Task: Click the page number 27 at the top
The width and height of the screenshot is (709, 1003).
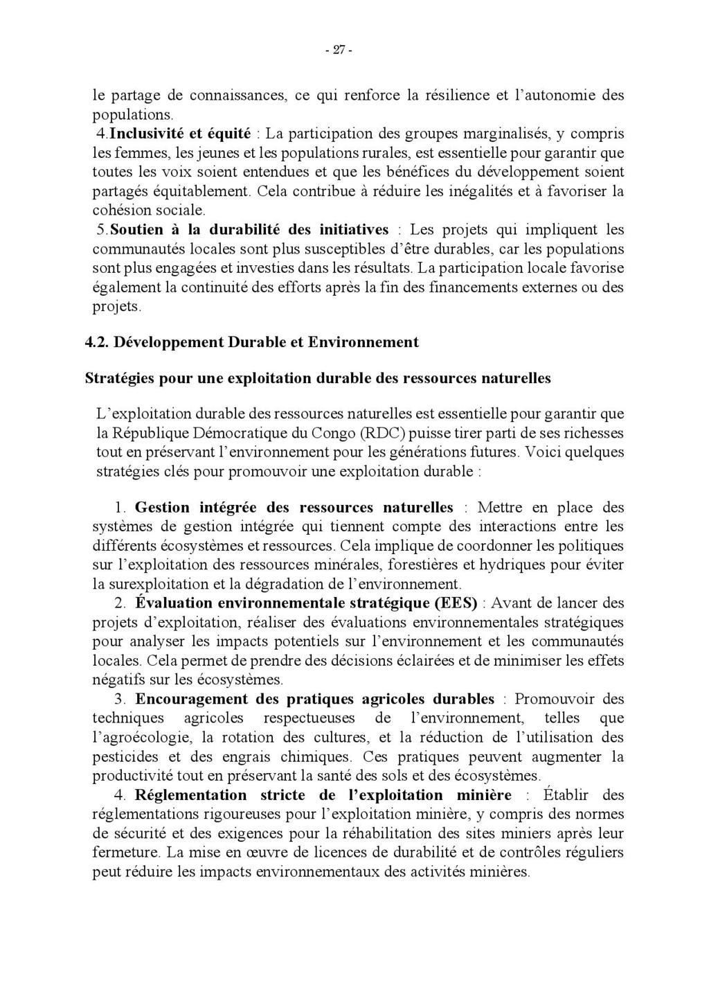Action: (x=339, y=50)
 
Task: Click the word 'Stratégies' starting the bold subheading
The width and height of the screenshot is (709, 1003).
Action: (x=120, y=378)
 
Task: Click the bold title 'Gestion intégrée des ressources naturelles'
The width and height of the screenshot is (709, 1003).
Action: (x=294, y=508)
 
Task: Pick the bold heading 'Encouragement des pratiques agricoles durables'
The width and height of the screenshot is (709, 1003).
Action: (x=315, y=699)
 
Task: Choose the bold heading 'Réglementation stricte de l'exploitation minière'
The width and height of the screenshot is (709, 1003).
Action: (x=323, y=795)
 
